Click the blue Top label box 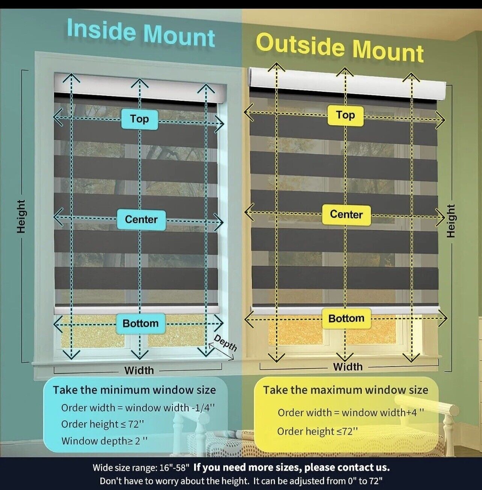tap(139, 119)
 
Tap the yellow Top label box tap(345, 116)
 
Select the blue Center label tap(141, 220)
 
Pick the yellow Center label tap(346, 215)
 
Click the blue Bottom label tap(141, 323)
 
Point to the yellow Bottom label tap(346, 319)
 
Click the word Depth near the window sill tap(225, 343)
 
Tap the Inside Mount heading tap(141, 33)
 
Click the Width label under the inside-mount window tap(139, 370)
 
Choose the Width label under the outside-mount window tap(348, 367)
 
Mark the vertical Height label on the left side tap(21, 216)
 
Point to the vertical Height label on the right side tap(451, 221)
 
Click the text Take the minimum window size tap(134, 390)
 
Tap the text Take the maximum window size tap(345, 390)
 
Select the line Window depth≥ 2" tap(104, 441)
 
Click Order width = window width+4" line tap(351, 413)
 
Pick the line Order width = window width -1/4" tap(138, 408)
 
